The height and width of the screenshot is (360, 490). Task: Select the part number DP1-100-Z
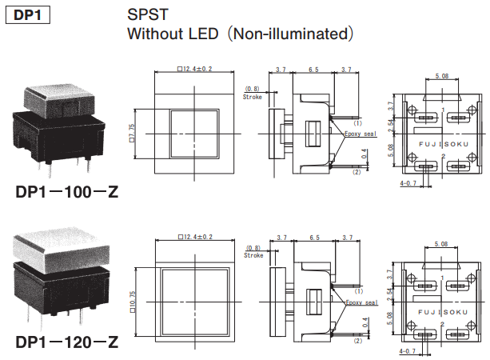(67, 193)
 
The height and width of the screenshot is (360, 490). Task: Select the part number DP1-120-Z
(67, 342)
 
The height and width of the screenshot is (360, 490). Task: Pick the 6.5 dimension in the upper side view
(312, 70)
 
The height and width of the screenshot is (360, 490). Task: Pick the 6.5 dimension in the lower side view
(312, 238)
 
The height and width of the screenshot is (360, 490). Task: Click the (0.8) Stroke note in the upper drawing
(253, 92)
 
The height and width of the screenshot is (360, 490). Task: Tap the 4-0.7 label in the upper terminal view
(408, 183)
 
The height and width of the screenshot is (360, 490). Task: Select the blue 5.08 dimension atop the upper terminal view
(441, 76)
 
